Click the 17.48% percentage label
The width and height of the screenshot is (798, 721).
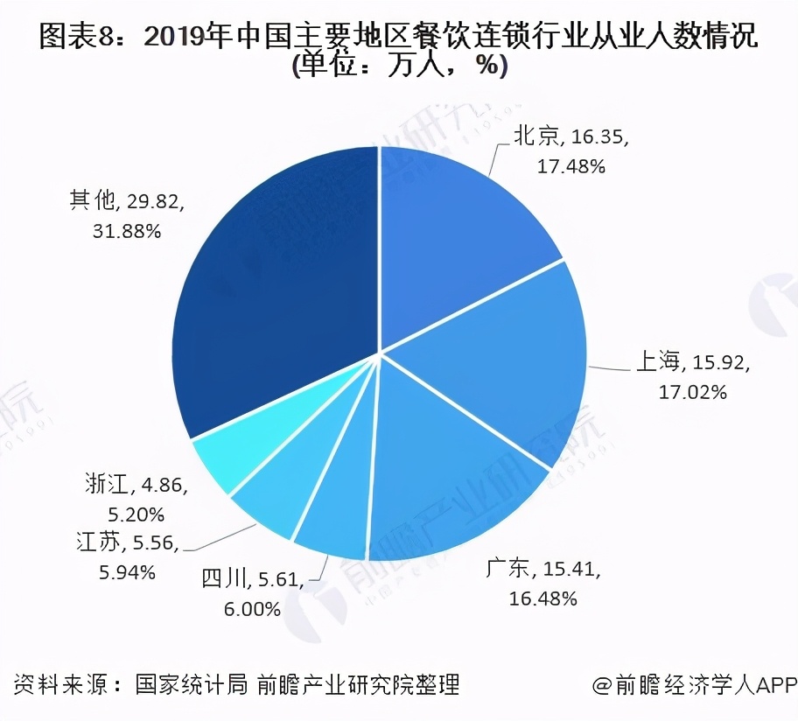pos(570,166)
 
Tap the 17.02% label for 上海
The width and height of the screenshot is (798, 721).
pos(692,392)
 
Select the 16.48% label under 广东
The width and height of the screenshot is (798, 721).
pos(542,598)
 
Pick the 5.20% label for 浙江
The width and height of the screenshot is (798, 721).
pos(135,514)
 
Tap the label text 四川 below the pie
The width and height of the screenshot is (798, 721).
pos(226,579)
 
